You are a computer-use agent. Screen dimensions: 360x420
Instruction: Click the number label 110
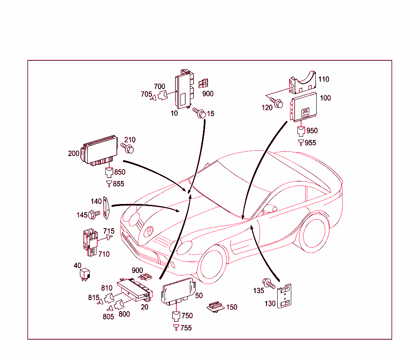(x=324, y=79)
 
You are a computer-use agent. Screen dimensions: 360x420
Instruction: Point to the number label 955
(x=310, y=143)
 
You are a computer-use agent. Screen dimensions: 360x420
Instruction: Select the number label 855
(x=118, y=184)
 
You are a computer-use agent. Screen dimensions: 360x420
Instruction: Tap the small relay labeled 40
(x=86, y=274)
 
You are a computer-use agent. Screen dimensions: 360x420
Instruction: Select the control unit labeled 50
(x=178, y=291)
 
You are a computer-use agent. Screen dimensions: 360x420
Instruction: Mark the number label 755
(x=186, y=328)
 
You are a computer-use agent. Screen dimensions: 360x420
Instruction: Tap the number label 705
(x=146, y=94)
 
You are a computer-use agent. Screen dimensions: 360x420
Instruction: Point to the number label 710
(x=104, y=254)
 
